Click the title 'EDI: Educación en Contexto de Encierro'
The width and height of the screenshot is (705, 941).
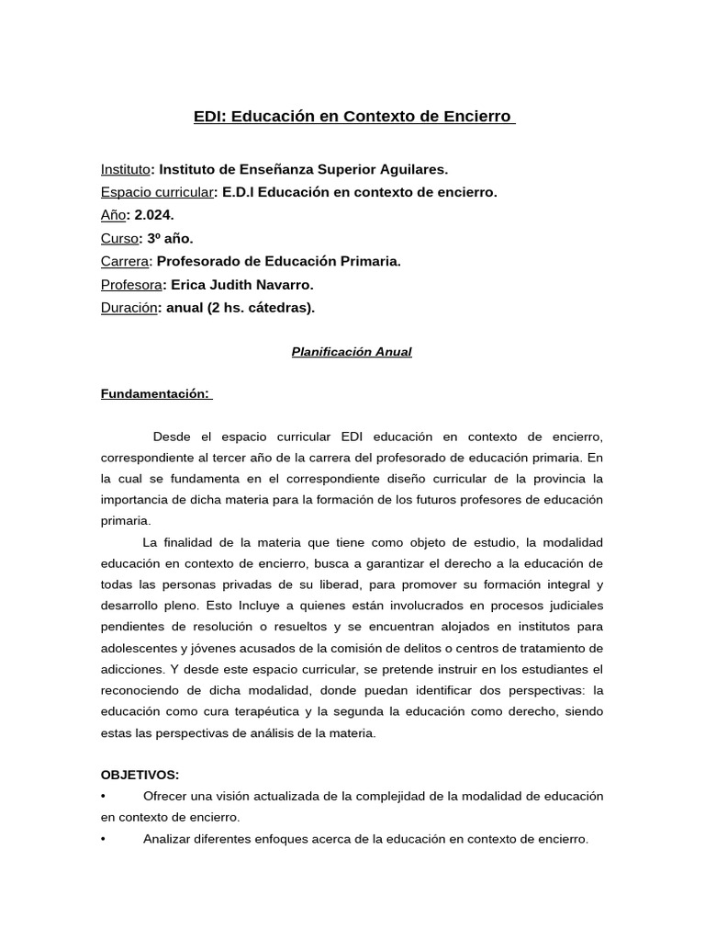tap(353, 117)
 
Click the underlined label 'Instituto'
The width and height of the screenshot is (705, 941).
tap(125, 169)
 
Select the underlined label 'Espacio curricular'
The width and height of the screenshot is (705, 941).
tap(157, 192)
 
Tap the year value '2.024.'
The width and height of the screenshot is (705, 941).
tap(154, 215)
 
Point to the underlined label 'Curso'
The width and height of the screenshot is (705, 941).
tap(118, 238)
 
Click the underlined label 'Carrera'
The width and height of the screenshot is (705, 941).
tap(124, 261)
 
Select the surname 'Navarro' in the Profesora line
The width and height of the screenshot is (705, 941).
tap(286, 284)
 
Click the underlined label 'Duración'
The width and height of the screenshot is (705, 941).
tap(129, 307)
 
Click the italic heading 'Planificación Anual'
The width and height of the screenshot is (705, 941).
tap(352, 352)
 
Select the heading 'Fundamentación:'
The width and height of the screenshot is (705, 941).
tap(155, 394)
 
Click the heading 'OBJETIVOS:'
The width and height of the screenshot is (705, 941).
tap(140, 775)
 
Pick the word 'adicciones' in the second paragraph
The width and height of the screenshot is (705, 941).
tap(131, 669)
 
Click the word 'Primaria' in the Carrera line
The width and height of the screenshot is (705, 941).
tap(371, 261)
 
